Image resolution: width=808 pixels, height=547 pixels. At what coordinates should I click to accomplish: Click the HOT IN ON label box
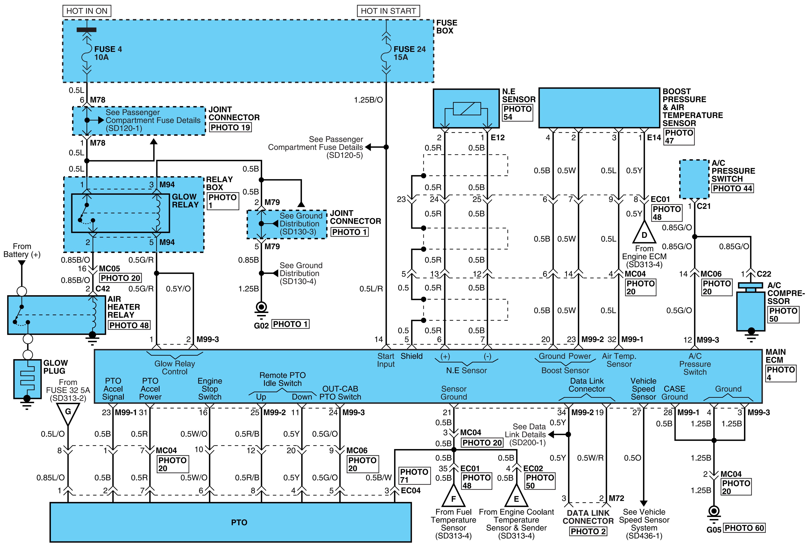[87, 11]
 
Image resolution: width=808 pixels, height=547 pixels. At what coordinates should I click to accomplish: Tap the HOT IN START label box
[388, 11]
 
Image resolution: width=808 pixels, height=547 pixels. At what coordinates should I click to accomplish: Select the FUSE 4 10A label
[108, 53]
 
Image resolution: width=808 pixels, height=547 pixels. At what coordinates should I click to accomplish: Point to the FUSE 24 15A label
[410, 53]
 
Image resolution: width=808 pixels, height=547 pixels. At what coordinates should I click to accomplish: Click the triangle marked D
[644, 232]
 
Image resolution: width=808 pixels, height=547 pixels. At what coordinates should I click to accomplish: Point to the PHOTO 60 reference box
[744, 528]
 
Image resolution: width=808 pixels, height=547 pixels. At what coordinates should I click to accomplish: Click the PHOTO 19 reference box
[230, 128]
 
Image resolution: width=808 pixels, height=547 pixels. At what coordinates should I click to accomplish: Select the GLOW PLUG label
[56, 367]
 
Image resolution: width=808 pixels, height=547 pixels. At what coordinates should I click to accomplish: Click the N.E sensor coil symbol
[467, 109]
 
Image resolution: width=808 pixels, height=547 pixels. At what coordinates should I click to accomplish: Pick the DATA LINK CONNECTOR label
[588, 517]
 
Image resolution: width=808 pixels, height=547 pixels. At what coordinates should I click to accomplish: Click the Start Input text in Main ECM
[386, 360]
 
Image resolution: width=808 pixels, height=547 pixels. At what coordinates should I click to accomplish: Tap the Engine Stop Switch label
[210, 389]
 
